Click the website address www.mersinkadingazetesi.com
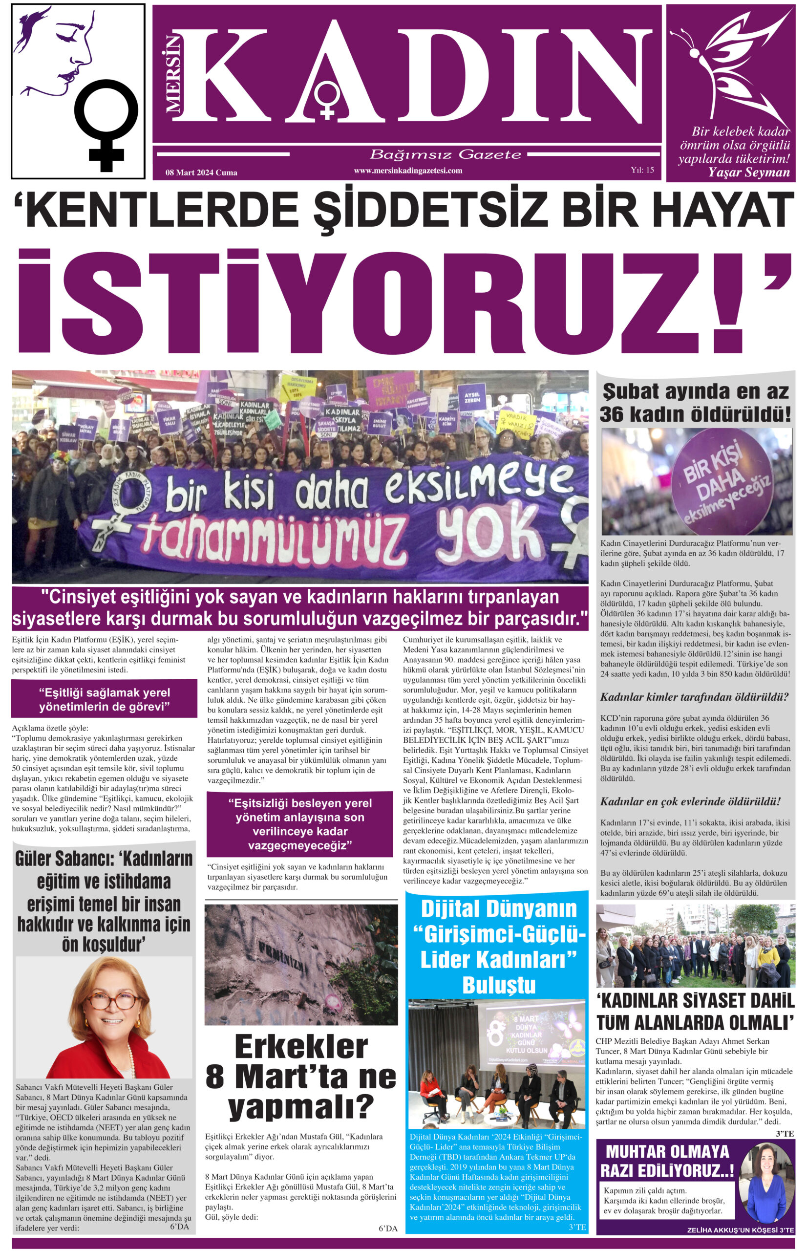pos(408,171)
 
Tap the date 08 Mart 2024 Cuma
pos(201,172)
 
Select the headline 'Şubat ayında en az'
pos(696,391)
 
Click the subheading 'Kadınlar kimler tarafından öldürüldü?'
pos(694,697)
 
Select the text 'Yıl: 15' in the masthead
pos(642,170)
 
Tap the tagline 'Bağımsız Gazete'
pos(446,154)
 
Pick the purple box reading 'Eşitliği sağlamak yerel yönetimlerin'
pos(104,700)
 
